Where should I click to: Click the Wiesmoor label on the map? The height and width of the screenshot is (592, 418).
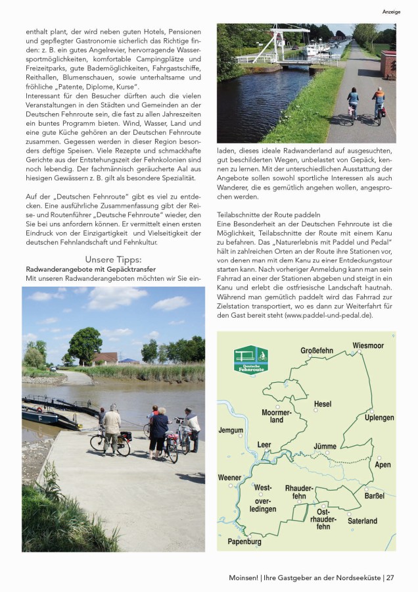point(368,345)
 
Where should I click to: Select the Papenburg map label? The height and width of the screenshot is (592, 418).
point(244,542)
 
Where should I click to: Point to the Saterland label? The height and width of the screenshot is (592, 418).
point(362,521)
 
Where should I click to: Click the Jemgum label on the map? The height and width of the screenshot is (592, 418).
point(231,430)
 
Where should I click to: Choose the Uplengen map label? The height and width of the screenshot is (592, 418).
point(380,418)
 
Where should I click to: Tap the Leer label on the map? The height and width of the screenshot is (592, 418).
point(264,445)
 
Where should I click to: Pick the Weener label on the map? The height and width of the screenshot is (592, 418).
point(229,478)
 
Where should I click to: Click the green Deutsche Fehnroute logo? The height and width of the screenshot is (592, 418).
point(250,360)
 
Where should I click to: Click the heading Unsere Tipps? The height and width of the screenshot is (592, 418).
point(113,259)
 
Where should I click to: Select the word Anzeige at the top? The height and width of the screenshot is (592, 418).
point(392,12)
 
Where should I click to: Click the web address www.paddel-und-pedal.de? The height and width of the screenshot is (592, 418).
point(329,315)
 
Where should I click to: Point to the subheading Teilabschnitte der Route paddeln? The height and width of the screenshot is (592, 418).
point(269,215)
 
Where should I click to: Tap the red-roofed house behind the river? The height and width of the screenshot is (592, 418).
point(105,358)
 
